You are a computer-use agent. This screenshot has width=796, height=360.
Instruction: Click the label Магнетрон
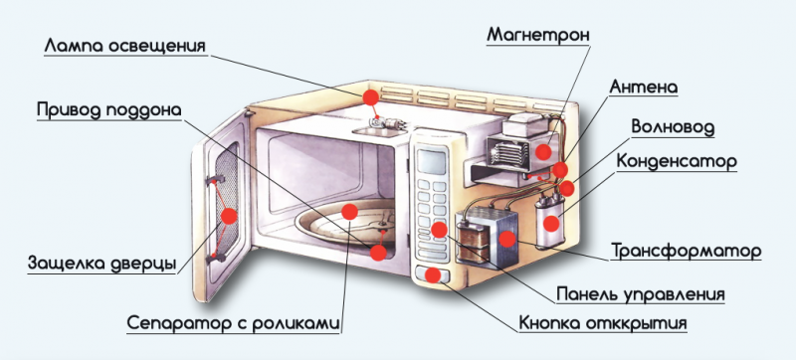[538, 35]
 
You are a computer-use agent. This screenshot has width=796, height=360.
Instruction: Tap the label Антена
[643, 87]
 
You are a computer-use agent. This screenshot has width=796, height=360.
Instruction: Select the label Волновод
[673, 126]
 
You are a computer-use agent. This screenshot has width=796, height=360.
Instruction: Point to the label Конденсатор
[677, 162]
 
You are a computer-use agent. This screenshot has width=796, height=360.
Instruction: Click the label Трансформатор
[686, 251]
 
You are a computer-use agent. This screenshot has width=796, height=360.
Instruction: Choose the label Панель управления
[641, 294]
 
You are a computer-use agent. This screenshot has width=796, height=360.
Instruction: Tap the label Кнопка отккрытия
[603, 323]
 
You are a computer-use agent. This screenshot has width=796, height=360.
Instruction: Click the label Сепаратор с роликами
[233, 323]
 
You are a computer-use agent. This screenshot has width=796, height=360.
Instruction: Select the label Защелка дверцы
[102, 264]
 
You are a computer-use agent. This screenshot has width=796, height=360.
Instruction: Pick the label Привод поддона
[108, 110]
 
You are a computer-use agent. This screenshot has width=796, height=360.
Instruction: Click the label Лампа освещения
[125, 46]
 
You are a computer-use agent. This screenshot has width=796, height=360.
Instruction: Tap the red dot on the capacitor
[551, 222]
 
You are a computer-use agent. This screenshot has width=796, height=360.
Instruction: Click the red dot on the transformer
[507, 240]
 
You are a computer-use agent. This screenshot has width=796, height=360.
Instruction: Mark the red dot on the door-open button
[433, 274]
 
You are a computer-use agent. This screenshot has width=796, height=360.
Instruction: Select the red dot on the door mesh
[229, 216]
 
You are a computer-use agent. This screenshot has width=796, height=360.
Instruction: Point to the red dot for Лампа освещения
[370, 96]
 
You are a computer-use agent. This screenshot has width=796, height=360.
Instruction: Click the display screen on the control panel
[431, 161]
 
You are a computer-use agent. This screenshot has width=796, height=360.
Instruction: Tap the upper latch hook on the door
[214, 179]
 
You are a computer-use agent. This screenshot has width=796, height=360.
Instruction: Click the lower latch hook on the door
[215, 258]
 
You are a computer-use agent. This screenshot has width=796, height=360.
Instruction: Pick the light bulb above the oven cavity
[385, 122]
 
